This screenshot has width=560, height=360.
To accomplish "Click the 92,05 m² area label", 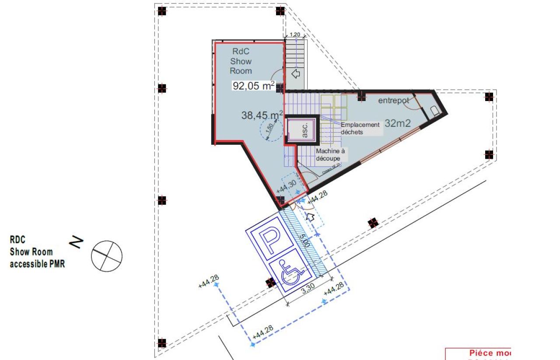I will click(254, 86).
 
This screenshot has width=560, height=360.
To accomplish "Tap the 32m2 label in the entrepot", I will click(398, 123).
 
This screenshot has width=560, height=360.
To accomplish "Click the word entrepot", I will click(393, 101).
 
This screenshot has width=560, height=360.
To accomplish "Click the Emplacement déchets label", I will click(360, 128).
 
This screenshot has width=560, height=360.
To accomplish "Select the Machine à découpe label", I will click(330, 154).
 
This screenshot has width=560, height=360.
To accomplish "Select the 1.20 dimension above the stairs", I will click(295, 34).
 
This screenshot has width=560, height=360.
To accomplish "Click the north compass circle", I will click(106, 255).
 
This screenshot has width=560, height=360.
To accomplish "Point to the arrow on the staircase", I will click(296, 73).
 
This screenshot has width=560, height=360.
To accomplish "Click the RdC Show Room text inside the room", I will click(241, 61).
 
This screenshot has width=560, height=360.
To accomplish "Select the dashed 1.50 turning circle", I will click(270, 129).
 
